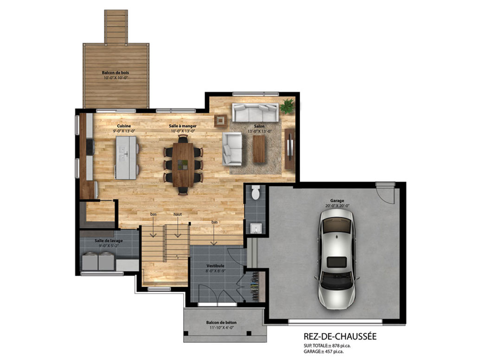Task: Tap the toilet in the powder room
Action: [x=256, y=192]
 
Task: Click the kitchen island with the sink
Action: [x=126, y=158]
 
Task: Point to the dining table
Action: [x=183, y=165]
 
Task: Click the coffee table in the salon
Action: [x=259, y=149]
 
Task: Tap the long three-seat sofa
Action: [x=256, y=112]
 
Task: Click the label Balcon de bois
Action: [x=115, y=73]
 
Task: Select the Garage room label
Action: [x=337, y=201]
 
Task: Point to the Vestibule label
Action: [x=215, y=266]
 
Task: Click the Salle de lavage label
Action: [x=109, y=241]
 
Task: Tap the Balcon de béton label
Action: [x=221, y=322]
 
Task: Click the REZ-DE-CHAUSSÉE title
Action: [x=340, y=336]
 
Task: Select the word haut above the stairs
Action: [x=178, y=214]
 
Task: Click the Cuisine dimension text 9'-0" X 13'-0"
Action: [x=124, y=131]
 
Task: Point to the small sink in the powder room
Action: [x=256, y=228]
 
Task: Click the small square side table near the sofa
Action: [x=221, y=121]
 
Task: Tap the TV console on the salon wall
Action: [x=289, y=149]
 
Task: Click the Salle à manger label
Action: [x=183, y=126]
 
